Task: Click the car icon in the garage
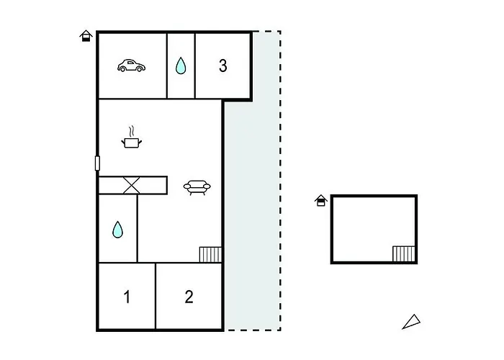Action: (x=131, y=66)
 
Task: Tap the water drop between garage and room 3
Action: (x=181, y=66)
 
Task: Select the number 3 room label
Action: (x=222, y=66)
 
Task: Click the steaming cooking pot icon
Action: (x=132, y=138)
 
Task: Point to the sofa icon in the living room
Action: (x=197, y=187)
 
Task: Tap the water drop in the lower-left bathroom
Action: (x=117, y=230)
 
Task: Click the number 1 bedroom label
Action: (x=127, y=297)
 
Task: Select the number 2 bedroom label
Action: (x=189, y=297)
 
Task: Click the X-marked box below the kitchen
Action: (x=132, y=186)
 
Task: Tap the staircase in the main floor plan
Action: (x=210, y=255)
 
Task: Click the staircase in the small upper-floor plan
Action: (x=404, y=254)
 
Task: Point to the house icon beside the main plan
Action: (x=86, y=36)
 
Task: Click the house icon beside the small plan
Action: (x=321, y=200)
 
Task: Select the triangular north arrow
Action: (x=411, y=322)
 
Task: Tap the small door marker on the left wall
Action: (x=97, y=163)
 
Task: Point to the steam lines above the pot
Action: (x=131, y=132)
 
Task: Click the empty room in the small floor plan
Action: (x=374, y=229)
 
